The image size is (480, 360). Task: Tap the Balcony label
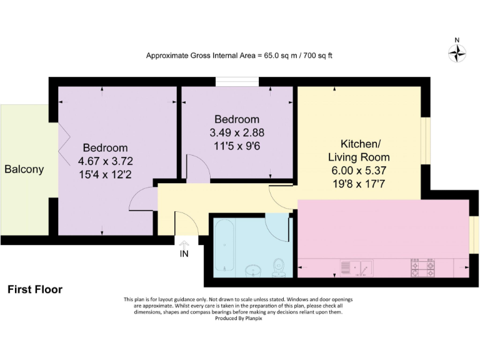coord(24,169)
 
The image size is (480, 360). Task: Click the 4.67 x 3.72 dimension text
coord(106,161)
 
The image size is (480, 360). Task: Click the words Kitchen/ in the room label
coord(359,143)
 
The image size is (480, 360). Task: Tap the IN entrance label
coord(184,254)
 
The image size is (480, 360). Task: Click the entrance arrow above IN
coord(184,244)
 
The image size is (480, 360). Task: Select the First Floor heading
coord(35,289)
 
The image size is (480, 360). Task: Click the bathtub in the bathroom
coord(224,247)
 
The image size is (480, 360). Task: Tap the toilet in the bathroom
coord(279,267)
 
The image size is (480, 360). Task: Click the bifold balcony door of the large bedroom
coord(63,141)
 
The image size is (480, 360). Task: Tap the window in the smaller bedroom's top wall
coord(237,81)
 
